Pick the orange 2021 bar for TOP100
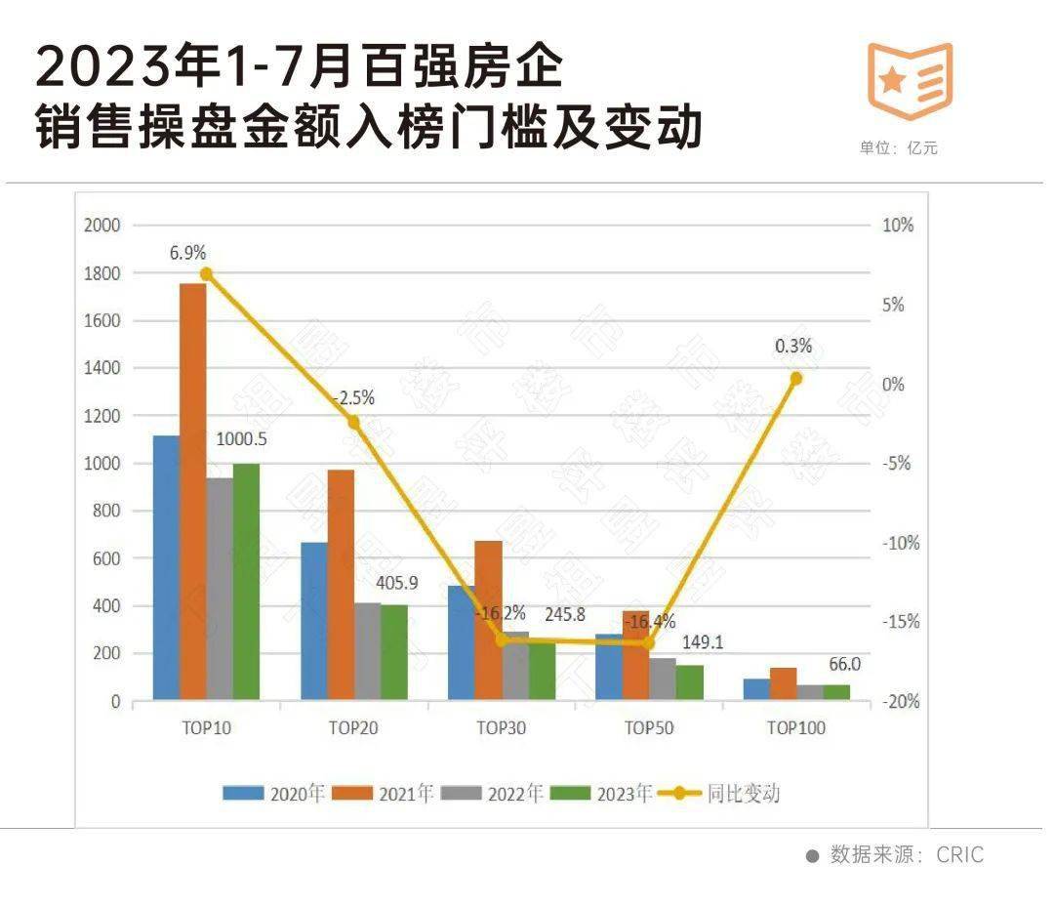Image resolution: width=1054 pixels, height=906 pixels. [x=784, y=683]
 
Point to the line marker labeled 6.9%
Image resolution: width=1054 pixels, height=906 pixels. [x=206, y=274]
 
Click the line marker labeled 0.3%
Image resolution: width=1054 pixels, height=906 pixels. [x=795, y=378]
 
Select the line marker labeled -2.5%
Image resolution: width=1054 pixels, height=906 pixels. [x=353, y=423]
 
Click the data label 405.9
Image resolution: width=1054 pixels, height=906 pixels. [x=397, y=583]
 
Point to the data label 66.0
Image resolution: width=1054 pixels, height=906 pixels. [x=845, y=664]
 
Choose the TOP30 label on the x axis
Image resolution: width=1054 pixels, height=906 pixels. [x=501, y=727]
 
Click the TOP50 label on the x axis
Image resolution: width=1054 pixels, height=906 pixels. [x=649, y=727]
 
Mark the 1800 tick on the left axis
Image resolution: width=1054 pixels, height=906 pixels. [x=101, y=273]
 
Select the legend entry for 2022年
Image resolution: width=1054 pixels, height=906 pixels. [x=493, y=794]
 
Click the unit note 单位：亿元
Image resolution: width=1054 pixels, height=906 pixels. [x=898, y=148]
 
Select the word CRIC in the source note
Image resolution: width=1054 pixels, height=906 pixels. [x=960, y=855]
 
